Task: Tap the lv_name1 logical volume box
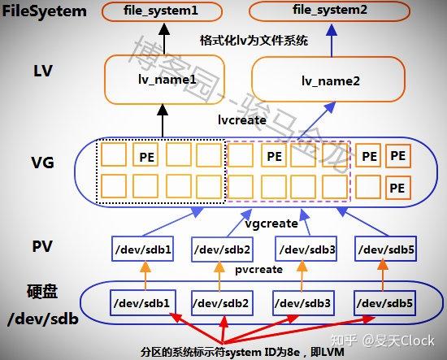(x=163, y=81)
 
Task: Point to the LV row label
(x=43, y=71)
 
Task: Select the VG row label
(x=43, y=163)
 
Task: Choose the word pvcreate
(x=258, y=268)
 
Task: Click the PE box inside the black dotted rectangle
(x=147, y=155)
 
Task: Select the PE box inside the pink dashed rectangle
(x=275, y=155)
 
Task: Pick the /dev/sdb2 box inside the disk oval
(x=220, y=302)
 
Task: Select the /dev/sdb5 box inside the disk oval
(x=385, y=302)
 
